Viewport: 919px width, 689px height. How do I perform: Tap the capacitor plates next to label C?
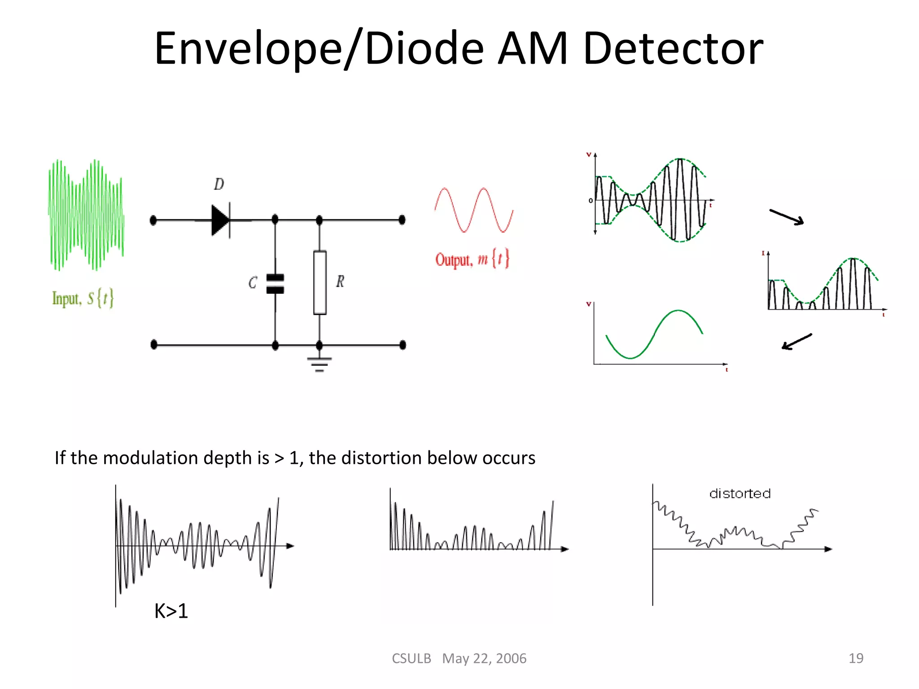click(275, 284)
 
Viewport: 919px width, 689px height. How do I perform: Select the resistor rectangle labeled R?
click(319, 283)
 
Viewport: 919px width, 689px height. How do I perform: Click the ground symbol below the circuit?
click(319, 364)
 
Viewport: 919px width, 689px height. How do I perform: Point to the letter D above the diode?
click(219, 184)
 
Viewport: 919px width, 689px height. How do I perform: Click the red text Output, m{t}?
click(472, 259)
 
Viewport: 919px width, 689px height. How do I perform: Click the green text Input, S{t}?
click(83, 298)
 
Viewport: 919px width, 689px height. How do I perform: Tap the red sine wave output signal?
click(474, 210)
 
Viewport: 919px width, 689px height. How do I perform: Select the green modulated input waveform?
click(86, 215)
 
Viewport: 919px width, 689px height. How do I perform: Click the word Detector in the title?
click(673, 48)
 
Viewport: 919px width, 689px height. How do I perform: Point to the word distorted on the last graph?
click(740, 494)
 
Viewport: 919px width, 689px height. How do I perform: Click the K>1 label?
click(171, 611)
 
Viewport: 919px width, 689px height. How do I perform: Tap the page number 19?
click(856, 658)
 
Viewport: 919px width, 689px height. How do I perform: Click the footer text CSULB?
click(411, 658)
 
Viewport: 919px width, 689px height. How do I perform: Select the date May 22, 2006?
click(484, 658)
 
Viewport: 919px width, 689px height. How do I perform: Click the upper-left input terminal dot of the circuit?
click(153, 220)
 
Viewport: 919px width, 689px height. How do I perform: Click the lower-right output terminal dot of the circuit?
click(403, 345)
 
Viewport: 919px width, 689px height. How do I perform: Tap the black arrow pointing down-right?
click(787, 217)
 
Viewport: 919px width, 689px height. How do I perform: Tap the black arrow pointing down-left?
click(796, 342)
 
